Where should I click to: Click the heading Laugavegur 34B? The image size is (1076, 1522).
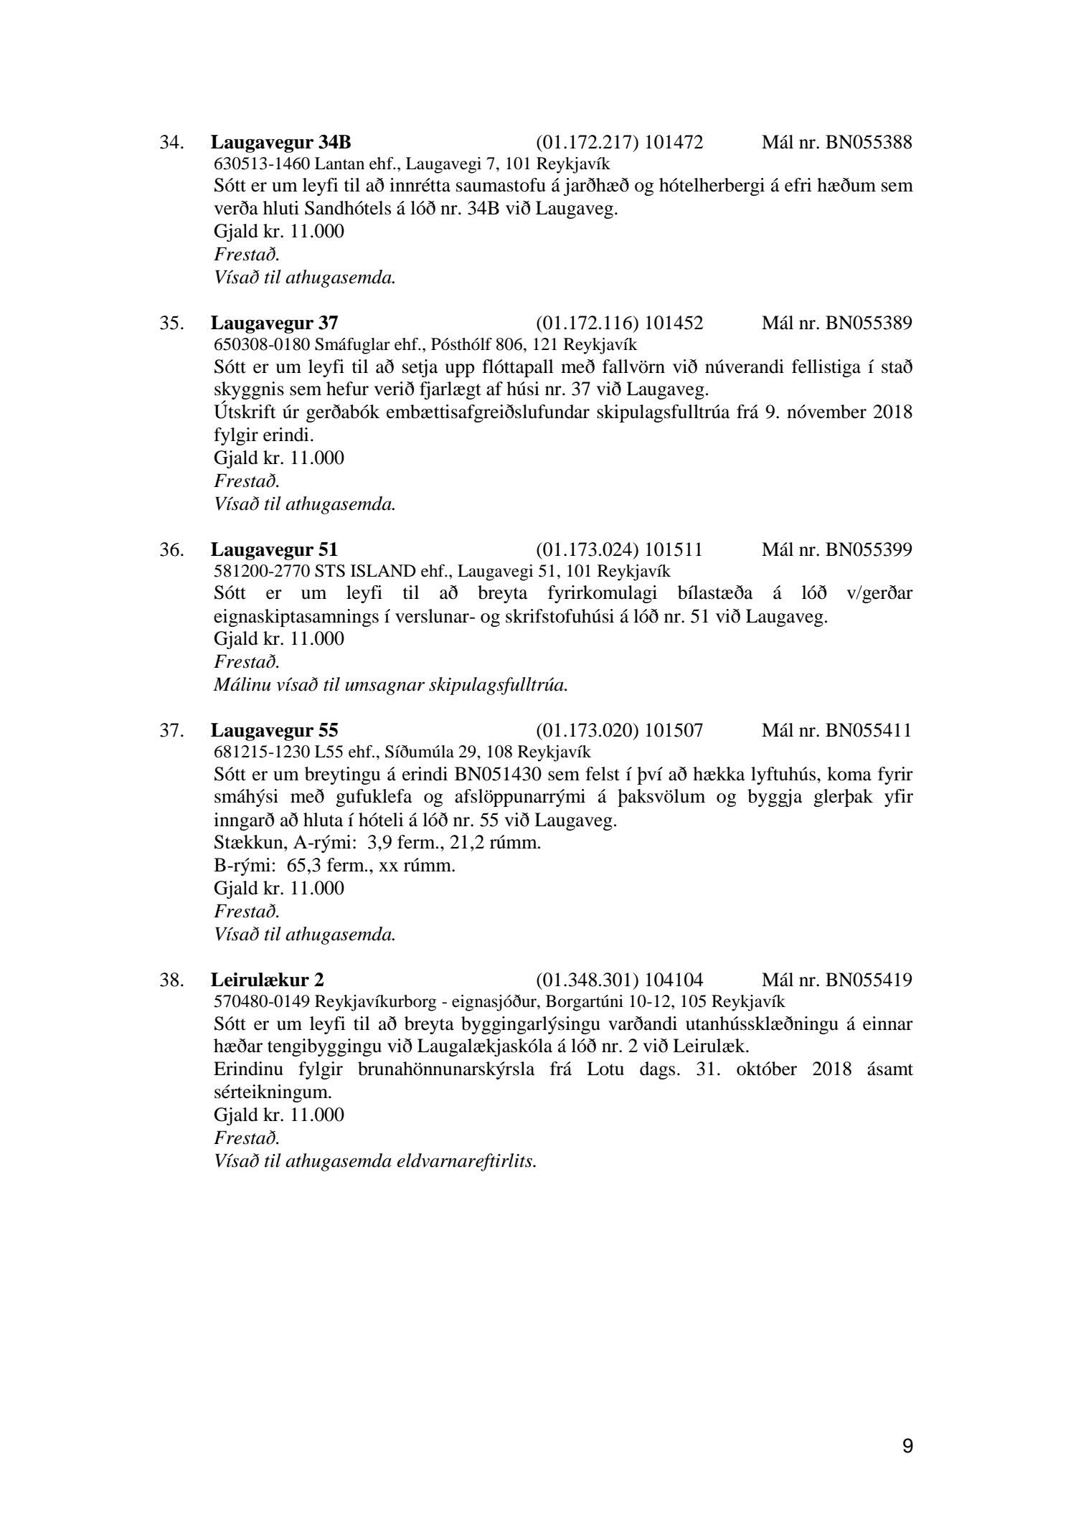[x=280, y=143]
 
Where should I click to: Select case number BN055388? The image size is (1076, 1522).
[x=869, y=143]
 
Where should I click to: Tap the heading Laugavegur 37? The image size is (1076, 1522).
[x=274, y=323]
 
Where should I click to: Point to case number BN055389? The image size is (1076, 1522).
[x=869, y=323]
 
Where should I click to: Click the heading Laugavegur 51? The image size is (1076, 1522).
[x=274, y=550]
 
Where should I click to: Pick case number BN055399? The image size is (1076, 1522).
[x=869, y=550]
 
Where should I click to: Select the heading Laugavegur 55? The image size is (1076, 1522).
[x=274, y=731]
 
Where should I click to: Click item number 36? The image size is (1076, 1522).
[x=172, y=550]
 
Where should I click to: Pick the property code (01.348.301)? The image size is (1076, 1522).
[x=587, y=980]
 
